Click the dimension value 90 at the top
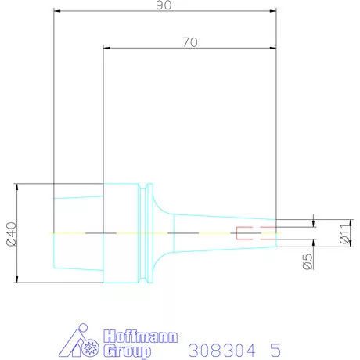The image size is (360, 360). coord(165,5)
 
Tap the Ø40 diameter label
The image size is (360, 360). coord(10,234)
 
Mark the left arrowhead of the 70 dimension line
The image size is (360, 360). coord(107,49)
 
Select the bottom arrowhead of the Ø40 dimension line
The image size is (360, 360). coord(17,279)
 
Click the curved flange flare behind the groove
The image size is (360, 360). coord(159,233)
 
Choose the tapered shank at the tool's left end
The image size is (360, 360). coord(78,233)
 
